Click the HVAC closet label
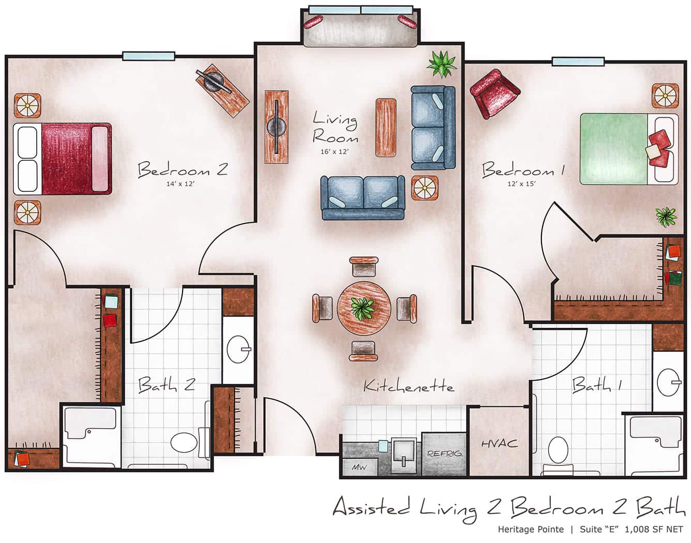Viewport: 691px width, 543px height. tap(499, 443)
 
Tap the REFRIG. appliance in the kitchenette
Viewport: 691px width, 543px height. tap(444, 454)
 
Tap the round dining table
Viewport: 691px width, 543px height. tap(364, 308)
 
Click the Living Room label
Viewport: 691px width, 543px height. tap(335, 129)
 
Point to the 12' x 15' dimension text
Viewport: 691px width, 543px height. tap(522, 183)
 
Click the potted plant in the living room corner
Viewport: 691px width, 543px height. tap(442, 64)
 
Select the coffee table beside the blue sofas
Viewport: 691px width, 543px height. tap(386, 127)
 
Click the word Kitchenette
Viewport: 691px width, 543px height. tap(408, 386)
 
